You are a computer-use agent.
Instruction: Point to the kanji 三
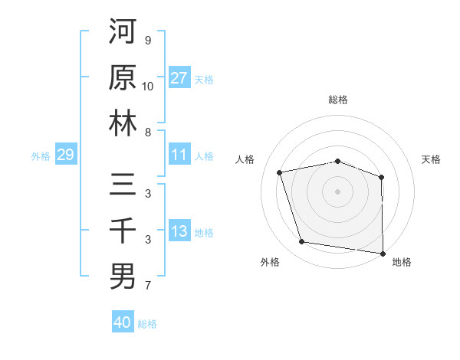(123, 185)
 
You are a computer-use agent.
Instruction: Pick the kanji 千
(123, 231)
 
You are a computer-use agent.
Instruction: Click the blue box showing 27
(179, 78)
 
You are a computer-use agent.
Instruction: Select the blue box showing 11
(179, 155)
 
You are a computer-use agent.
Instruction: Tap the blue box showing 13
(179, 232)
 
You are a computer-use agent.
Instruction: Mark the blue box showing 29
(65, 155)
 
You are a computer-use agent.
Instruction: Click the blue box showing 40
(123, 322)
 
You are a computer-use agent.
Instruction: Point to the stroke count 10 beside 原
(148, 87)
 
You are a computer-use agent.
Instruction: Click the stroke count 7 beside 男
(148, 286)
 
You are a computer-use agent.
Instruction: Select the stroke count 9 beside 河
(148, 41)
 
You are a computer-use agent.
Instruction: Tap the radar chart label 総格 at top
(338, 100)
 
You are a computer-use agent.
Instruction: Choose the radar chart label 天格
(431, 159)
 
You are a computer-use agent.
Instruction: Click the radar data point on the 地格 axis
(383, 253)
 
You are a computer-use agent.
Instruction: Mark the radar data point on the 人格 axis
(280, 172)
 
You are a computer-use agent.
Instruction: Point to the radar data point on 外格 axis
(302, 242)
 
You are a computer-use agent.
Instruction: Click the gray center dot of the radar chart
(338, 191)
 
